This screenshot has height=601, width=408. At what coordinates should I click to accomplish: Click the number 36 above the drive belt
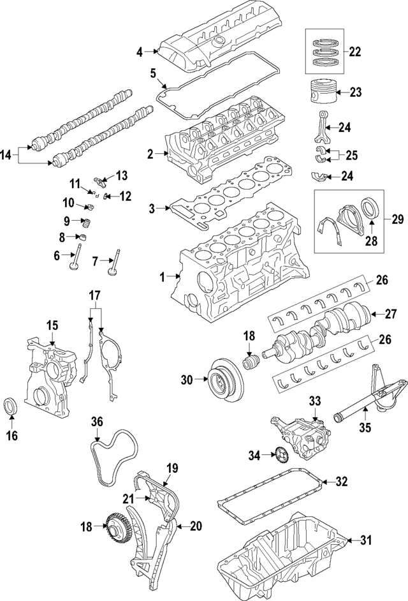pyautogui.click(x=97, y=422)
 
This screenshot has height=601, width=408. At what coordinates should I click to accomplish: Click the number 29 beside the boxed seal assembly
pyautogui.click(x=397, y=219)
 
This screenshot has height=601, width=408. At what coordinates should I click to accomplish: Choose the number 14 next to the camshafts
pyautogui.click(x=8, y=154)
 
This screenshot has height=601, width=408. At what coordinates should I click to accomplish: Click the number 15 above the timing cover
pyautogui.click(x=52, y=325)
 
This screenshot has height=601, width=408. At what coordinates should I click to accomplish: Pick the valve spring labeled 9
pyautogui.click(x=86, y=223)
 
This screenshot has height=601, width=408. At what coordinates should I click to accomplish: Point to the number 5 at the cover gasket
pyautogui.click(x=153, y=74)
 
